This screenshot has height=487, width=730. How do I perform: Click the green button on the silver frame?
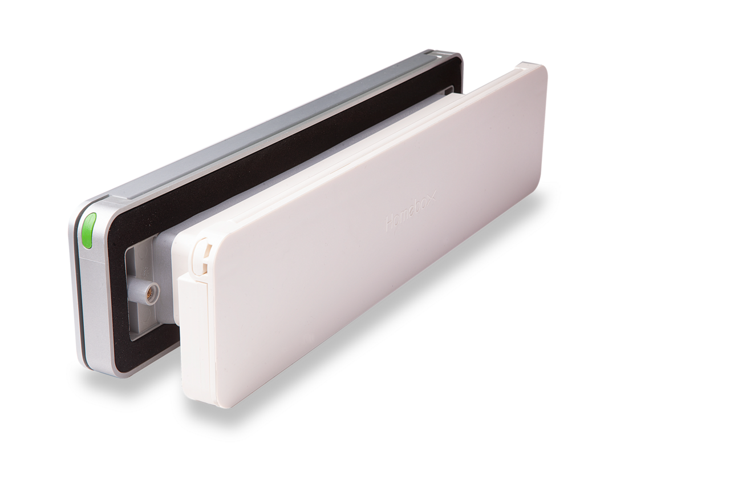click(x=88, y=231)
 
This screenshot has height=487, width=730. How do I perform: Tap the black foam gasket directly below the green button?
click(x=114, y=297)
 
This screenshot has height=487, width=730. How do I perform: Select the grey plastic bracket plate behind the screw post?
click(x=137, y=297)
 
